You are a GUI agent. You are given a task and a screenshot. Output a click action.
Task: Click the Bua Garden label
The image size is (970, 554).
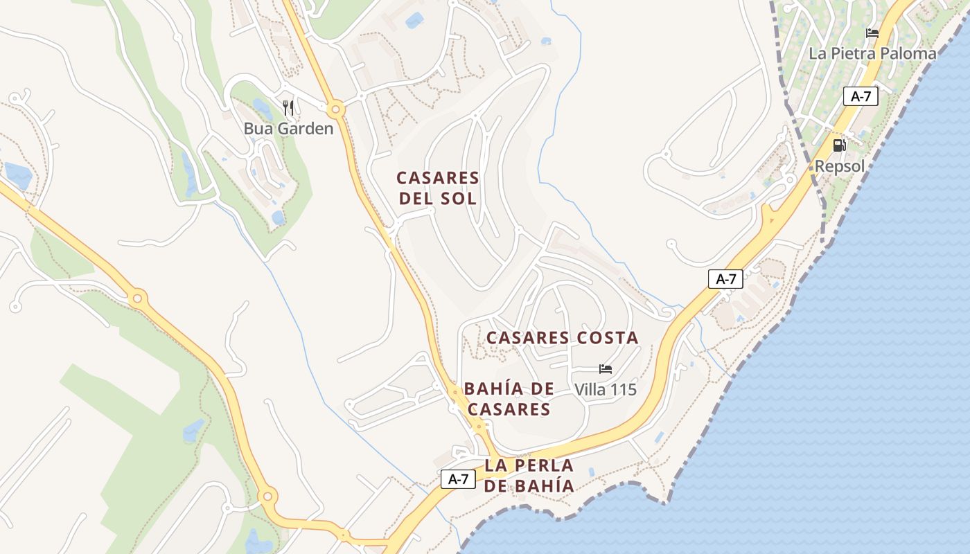tap(288, 129)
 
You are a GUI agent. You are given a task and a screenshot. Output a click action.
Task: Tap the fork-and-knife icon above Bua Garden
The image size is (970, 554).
tap(289, 107)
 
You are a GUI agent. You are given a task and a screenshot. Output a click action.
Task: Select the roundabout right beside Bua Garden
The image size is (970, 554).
tap(336, 109)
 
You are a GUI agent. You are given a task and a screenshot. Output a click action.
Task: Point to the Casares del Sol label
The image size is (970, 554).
tap(437, 188)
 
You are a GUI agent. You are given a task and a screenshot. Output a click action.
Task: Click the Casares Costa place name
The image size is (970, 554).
tap(562, 338)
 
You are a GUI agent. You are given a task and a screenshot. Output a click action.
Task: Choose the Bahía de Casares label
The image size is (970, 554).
tap(509, 398)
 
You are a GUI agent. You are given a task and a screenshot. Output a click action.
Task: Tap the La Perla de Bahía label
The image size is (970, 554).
tap(529, 475)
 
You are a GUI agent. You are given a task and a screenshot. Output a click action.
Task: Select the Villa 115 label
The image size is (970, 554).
tap(606, 390)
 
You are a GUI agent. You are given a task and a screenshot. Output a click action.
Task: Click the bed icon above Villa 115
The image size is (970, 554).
tap(606, 369)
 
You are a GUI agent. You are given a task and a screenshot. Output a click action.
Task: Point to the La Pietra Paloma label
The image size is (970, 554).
tap(872, 53)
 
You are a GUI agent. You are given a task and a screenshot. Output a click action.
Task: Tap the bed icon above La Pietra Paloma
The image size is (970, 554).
tap(872, 33)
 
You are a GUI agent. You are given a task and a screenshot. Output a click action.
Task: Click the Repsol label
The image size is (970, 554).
tap(840, 166)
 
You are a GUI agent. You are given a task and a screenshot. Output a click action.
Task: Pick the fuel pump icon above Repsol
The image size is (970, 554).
tap(839, 145)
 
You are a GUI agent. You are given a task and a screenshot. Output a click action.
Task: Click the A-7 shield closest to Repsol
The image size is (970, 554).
tap(861, 96)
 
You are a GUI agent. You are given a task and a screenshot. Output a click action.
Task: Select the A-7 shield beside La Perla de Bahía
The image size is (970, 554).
tap(459, 479)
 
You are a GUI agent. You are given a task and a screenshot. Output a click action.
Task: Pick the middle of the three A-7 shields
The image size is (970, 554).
tap(725, 279)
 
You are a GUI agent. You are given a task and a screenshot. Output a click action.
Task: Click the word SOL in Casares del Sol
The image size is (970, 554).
tap(459, 199)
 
